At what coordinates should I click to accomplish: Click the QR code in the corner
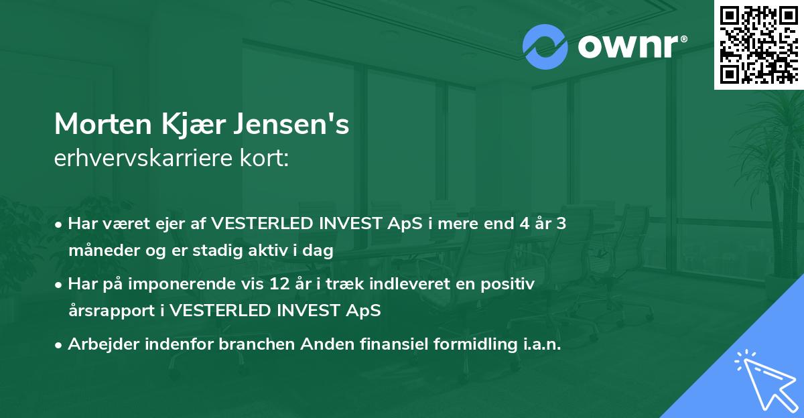(759, 44)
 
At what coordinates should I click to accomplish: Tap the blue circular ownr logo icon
(545, 47)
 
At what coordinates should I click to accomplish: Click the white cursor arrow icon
(764, 382)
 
